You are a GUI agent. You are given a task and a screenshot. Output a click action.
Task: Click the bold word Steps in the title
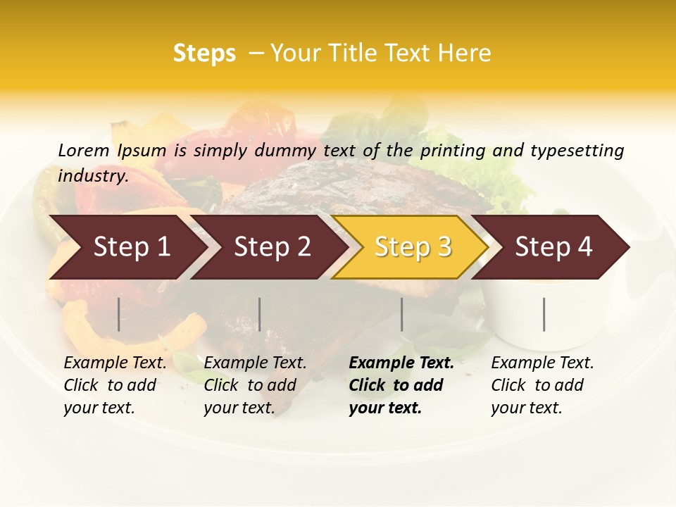tap(204, 54)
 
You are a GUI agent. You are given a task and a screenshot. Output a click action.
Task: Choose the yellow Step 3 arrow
tap(413, 247)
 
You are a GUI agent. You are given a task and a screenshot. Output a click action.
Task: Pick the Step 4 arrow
tap(553, 247)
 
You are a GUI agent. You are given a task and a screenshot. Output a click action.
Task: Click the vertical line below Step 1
tap(118, 314)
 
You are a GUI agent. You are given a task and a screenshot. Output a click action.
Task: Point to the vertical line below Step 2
tap(260, 314)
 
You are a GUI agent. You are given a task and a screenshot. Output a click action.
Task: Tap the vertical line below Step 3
tap(401, 314)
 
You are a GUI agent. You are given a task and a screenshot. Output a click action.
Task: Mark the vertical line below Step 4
tap(544, 314)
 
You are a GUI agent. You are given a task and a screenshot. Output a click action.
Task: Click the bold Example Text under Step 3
tap(401, 363)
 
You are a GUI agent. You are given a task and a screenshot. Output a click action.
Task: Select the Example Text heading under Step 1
tap(115, 363)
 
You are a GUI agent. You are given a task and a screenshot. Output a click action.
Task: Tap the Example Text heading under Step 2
tap(255, 363)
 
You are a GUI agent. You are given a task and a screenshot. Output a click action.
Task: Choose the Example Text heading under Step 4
tap(542, 363)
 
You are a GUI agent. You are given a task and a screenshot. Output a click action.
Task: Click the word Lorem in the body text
tap(84, 150)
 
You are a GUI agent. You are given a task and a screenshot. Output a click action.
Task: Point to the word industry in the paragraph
tap(93, 176)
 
